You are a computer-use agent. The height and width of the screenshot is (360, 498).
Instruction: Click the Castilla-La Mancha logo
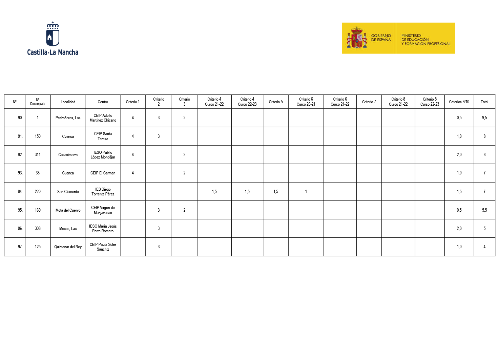click(53, 38)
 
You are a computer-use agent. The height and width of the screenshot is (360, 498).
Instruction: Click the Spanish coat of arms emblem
click(356, 38)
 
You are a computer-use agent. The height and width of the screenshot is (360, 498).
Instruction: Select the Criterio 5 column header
click(276, 102)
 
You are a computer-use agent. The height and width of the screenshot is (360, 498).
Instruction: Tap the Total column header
click(484, 102)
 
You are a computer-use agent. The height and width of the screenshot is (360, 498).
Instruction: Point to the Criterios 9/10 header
click(459, 102)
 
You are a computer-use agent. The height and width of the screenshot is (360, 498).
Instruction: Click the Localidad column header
click(68, 102)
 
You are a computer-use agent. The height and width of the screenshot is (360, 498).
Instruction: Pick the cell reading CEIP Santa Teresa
click(103, 136)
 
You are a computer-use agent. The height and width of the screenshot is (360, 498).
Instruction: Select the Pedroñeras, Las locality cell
click(68, 118)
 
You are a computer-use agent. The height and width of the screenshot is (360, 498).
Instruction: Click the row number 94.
click(20, 192)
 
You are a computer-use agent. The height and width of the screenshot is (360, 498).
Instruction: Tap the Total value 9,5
click(484, 118)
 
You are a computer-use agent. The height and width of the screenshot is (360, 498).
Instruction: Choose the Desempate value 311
click(38, 155)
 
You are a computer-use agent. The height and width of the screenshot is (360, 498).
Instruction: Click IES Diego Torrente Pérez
click(103, 192)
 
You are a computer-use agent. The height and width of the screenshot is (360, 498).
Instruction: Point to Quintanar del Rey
click(68, 247)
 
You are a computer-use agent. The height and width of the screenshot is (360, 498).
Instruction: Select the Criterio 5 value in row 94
click(276, 192)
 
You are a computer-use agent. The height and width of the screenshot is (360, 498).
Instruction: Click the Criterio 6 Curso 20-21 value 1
click(306, 192)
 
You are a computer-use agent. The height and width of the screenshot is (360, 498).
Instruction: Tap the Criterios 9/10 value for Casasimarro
click(459, 155)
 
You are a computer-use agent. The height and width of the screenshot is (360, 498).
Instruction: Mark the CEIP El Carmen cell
click(103, 173)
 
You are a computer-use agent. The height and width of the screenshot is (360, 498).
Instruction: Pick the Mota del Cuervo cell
click(68, 210)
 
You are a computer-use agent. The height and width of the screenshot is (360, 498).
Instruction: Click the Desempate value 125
click(38, 247)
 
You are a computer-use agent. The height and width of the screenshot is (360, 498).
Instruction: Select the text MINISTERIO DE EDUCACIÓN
click(415, 38)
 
